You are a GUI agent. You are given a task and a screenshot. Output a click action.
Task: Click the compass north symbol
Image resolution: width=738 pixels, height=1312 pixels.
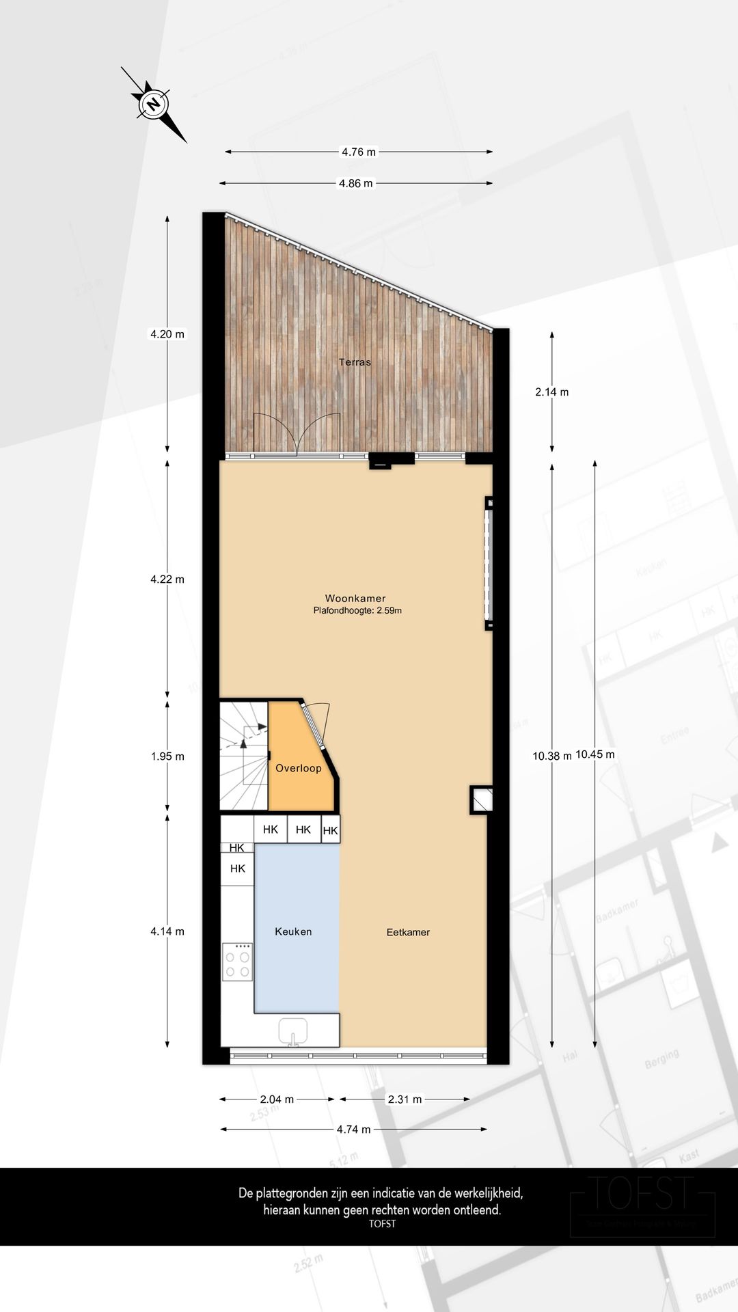[154, 105]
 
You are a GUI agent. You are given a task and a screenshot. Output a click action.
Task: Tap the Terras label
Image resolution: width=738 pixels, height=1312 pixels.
[355, 362]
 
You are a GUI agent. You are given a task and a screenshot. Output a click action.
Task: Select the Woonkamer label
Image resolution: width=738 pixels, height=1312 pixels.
[355, 599]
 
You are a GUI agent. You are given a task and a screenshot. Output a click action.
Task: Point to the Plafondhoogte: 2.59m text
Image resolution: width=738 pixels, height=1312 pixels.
[357, 611]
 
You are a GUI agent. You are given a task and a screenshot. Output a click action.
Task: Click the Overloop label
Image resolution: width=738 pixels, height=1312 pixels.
[298, 768]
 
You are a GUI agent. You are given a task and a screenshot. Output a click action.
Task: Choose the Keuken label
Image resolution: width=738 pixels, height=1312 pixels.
[293, 931]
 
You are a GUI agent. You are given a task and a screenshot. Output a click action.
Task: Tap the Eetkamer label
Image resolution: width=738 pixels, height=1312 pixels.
[408, 932]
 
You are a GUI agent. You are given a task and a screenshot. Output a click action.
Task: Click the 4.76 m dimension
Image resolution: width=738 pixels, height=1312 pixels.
[359, 152]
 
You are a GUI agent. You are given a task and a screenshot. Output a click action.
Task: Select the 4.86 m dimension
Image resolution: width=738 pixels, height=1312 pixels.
[356, 183]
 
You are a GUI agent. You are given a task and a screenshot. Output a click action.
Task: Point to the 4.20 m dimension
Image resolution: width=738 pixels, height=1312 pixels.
[167, 334]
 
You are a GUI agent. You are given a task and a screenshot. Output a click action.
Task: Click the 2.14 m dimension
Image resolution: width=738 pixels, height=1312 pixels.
[551, 392]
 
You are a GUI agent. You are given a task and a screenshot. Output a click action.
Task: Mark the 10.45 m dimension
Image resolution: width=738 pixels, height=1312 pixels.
[595, 754]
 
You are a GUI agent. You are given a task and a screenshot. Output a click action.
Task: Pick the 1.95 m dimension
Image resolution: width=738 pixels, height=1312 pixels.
[167, 756]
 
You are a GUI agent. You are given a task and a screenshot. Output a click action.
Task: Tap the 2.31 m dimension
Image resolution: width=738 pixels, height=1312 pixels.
[405, 1099]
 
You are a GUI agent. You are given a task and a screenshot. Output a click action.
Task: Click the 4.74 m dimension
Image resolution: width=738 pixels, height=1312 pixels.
[353, 1130]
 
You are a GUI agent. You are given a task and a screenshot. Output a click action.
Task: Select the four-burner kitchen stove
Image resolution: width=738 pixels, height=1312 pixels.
[237, 961]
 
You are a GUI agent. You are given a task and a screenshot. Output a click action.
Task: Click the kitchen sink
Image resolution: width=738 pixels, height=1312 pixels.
[293, 1031]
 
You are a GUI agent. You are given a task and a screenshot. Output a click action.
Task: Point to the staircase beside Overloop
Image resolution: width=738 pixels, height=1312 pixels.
[243, 755]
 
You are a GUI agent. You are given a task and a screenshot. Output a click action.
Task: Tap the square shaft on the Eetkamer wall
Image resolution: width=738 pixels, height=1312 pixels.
[481, 799]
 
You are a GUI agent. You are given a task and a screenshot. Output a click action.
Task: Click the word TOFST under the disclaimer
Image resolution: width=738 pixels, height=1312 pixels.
[382, 1224]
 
